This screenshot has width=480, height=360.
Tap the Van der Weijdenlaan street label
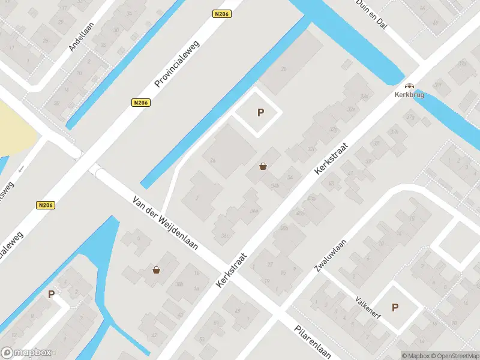click(x=165, y=226)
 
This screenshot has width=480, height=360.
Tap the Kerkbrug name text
click(x=409, y=95)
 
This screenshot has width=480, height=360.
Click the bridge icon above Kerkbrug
click(x=409, y=86)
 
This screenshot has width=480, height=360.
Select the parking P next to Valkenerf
click(x=395, y=307)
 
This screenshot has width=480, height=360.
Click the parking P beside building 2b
click(x=260, y=112)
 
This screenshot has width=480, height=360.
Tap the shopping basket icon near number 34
click(x=263, y=166)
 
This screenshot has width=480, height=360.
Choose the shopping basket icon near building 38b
click(x=157, y=270)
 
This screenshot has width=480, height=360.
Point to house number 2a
click(x=213, y=160)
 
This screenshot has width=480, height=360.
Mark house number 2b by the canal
click(x=284, y=70)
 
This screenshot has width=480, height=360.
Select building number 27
click(x=270, y=263)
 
